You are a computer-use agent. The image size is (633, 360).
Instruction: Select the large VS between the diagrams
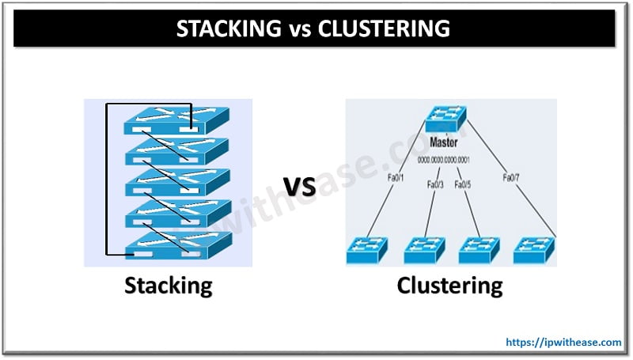[299, 187]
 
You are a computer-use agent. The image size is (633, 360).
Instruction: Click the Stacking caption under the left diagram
[168, 286]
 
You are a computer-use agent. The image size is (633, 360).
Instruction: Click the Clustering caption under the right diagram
[449, 286]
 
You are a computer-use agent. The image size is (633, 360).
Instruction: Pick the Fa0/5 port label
[464, 185]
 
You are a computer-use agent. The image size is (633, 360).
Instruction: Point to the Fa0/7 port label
[512, 178]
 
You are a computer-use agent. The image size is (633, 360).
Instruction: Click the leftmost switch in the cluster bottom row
[366, 249]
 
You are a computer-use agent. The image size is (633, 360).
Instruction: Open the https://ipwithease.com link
[563, 342]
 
